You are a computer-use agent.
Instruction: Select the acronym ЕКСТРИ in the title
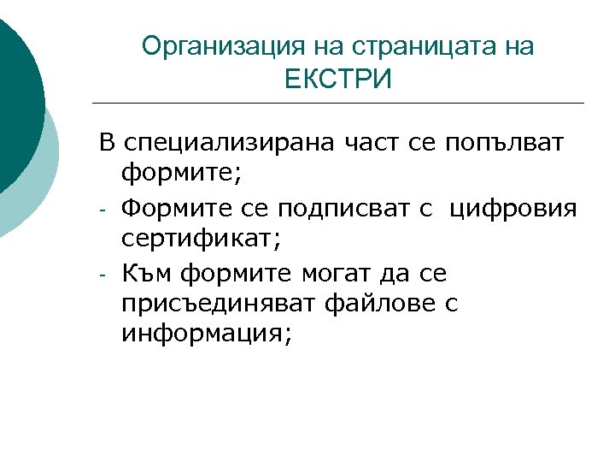pyautogui.click(x=338, y=80)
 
